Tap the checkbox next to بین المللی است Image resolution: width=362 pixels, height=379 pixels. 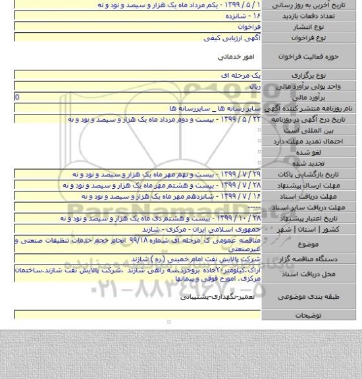click(x=260, y=130)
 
